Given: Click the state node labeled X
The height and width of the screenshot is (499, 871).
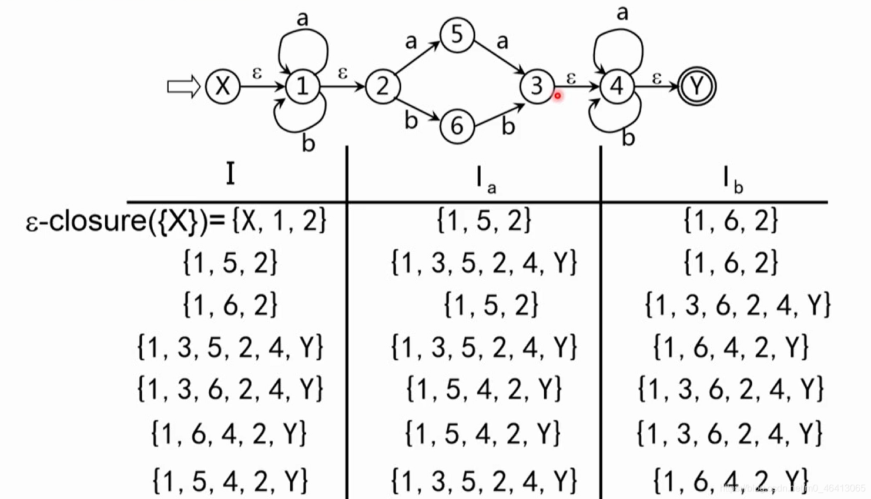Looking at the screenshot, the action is (223, 86).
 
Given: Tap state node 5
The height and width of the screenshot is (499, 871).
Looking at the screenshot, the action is (457, 34).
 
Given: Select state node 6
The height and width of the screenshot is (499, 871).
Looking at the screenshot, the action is (457, 126).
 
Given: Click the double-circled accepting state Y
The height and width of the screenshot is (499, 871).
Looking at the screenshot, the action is (696, 86).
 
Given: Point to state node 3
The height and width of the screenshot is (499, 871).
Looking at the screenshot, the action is (536, 86).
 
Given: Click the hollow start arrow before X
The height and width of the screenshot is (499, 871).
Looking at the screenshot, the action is (183, 87).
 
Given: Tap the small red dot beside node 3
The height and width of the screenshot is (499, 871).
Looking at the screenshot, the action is (557, 95).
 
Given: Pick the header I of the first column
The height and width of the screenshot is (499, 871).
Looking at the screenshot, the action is (230, 173).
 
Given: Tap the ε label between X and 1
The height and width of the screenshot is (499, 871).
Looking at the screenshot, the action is (257, 73).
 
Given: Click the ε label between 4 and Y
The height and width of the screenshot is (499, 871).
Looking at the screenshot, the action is (656, 77).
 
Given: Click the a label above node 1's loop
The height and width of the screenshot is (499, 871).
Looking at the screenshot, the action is (302, 19).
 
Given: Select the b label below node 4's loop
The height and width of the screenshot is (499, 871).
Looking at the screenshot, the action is (628, 138).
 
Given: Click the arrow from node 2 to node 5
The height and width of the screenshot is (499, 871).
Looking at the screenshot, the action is (418, 58).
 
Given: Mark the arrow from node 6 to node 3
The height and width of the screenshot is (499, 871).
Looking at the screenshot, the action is (500, 116).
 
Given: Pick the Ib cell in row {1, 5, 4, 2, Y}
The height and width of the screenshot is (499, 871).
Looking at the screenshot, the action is (731, 480).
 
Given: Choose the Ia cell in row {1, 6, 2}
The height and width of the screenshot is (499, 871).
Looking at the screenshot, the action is (490, 305).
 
